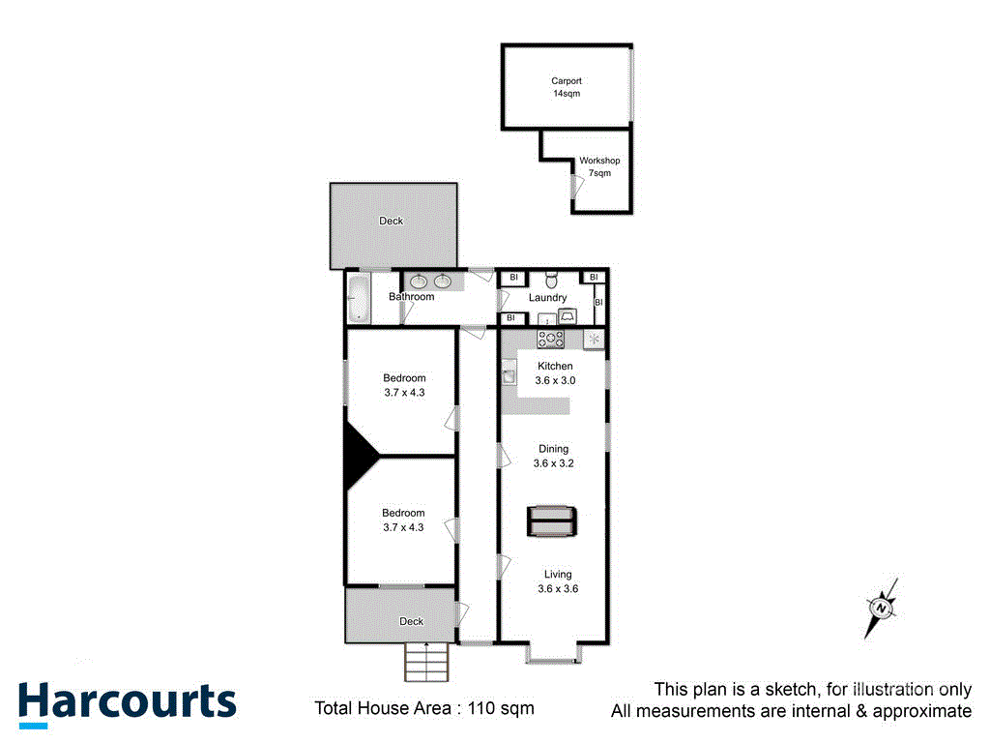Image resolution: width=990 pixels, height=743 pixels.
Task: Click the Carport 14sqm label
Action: coord(566,87)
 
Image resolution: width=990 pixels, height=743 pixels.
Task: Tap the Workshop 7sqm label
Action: coord(599,166)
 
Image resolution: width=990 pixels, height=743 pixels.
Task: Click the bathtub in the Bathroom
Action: coord(358,298)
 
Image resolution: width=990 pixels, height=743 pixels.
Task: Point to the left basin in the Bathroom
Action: coord(420,282)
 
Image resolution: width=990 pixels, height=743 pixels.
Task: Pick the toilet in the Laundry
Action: coord(552,279)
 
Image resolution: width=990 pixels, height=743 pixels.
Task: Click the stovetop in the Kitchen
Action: coord(552,339)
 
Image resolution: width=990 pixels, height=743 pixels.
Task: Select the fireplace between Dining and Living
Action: coord(552,521)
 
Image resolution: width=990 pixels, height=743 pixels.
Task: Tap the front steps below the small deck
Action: coord(426,662)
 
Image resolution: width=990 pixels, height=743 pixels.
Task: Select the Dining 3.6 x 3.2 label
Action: coord(552,456)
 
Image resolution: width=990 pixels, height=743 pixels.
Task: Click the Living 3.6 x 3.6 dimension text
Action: coord(558,588)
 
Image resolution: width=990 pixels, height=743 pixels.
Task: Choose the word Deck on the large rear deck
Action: coord(392,221)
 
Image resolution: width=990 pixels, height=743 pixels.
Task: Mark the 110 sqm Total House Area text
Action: coord(424,708)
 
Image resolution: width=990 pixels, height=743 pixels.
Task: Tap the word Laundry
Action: coord(547,297)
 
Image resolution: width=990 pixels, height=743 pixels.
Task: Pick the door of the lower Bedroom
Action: coord(451,529)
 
